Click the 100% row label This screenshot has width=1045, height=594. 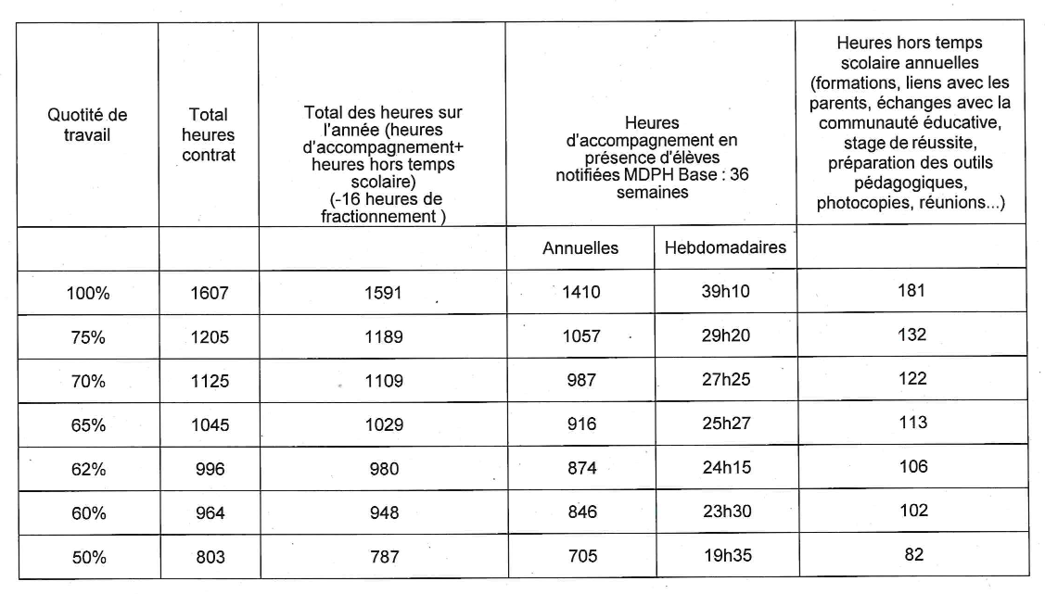coord(88,293)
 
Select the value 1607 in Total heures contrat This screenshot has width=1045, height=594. coord(209,293)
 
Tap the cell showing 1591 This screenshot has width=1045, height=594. coord(382,293)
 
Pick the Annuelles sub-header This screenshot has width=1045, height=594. coord(580,248)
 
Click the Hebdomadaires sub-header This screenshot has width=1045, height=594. coord(725,247)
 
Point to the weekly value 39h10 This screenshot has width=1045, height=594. coord(725,292)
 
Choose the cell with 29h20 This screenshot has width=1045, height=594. coord(725,335)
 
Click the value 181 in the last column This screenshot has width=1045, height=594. coord(911,291)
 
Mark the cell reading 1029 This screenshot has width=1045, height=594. coord(382,424)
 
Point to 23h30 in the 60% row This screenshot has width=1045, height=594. coord(725,512)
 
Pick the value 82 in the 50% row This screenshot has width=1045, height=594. coord(911,554)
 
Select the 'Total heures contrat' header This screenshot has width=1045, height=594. coord(209,134)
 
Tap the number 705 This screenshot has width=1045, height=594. coord(582,556)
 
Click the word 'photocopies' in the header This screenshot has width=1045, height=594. coord(856,203)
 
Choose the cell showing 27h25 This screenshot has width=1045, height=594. coord(725,380)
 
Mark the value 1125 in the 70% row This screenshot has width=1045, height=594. coord(209,380)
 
